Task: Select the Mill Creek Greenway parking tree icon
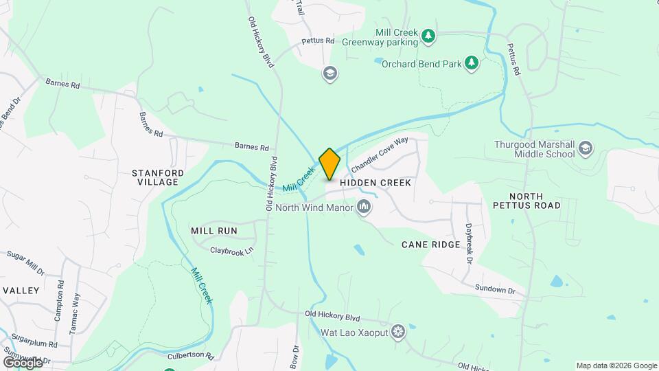tap(428, 35)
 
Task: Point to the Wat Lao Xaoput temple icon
tap(398, 333)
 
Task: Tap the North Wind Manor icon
tap(364, 207)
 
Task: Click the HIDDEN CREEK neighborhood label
tap(375, 183)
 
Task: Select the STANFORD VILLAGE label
tap(155, 177)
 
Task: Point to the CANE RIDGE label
tap(430, 245)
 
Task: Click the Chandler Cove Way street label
tap(379, 155)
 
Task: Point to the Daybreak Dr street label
tap(469, 243)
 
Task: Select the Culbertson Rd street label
tap(191, 357)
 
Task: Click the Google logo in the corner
tap(23, 362)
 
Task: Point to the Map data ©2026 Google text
tap(616, 366)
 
